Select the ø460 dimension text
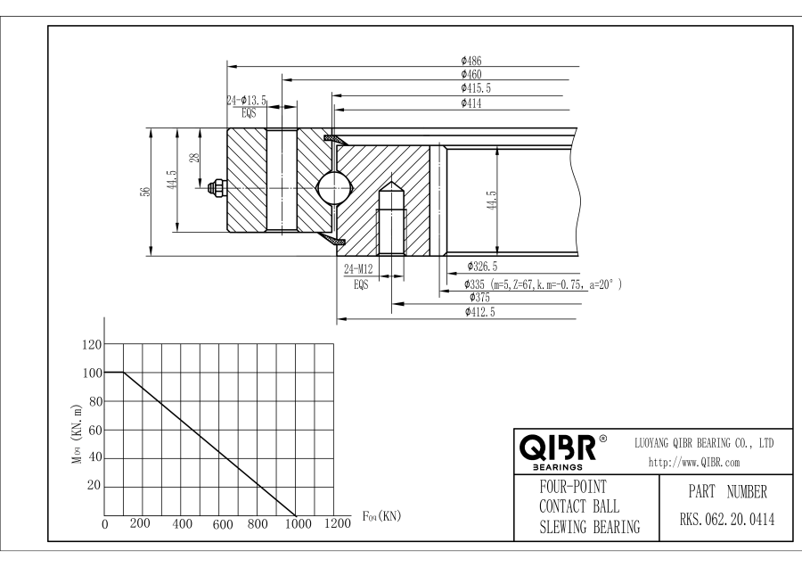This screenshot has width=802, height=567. click(471, 74)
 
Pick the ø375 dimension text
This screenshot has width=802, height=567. click(479, 297)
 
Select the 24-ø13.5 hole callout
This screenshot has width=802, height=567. click(247, 101)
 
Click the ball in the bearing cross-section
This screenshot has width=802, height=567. click(334, 188)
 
